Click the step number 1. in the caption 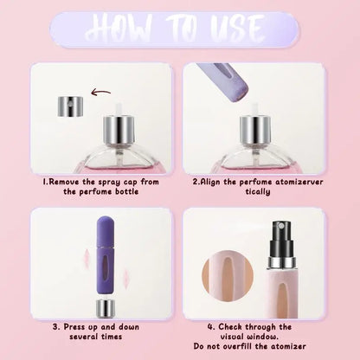coord(46,183)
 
